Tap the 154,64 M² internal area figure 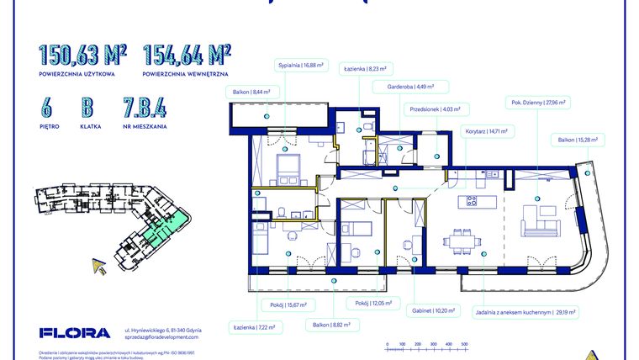(x=187, y=56)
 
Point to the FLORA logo (x=74, y=332)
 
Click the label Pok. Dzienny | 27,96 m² (x=538, y=102)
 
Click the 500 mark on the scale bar (x=462, y=343)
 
